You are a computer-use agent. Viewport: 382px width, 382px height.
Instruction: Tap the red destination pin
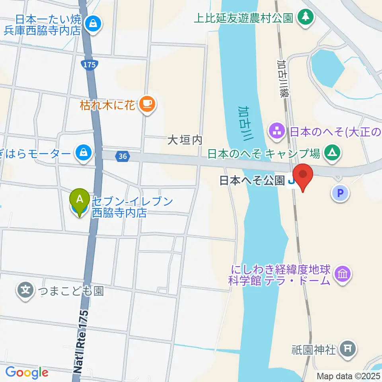tap(303, 175)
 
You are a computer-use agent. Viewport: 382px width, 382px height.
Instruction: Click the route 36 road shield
tap(123, 156)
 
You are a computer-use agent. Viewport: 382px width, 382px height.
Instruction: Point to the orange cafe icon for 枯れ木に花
tap(147, 104)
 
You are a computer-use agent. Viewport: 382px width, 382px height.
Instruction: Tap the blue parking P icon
tap(340, 194)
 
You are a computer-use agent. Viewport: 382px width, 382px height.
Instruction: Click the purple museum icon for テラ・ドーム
tap(342, 274)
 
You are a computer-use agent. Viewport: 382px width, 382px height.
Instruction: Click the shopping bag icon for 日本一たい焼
tap(93, 23)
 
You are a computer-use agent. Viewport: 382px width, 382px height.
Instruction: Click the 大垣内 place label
tap(185, 140)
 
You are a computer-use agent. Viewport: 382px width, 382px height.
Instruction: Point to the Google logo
tap(27, 372)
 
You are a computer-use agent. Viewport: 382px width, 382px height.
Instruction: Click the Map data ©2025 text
tap(348, 376)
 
